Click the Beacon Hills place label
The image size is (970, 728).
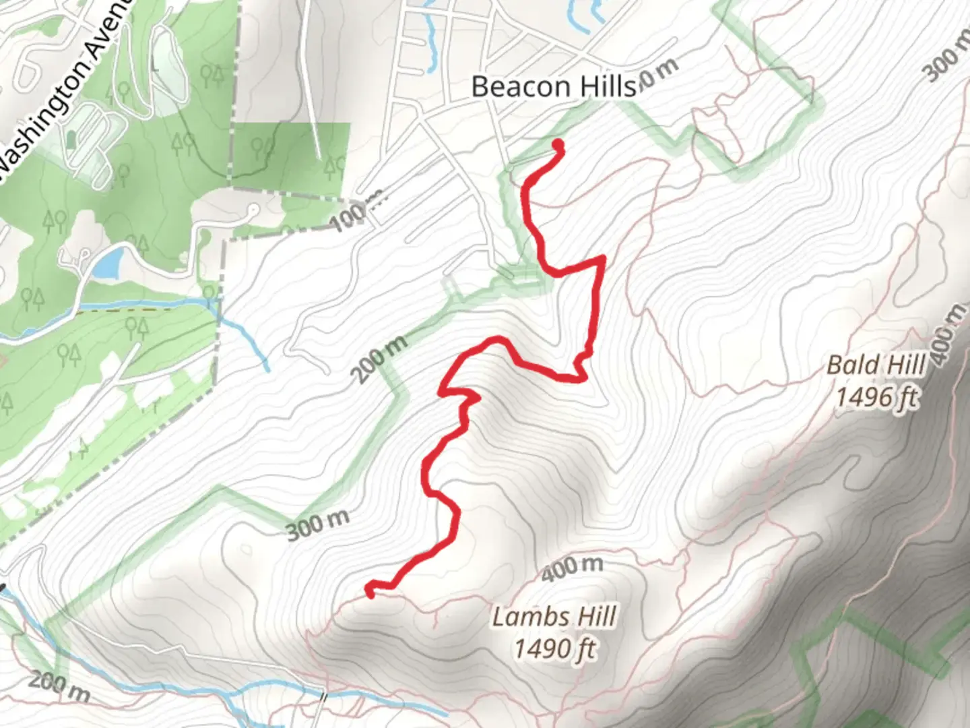[x=553, y=86]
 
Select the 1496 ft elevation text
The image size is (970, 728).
[x=876, y=396]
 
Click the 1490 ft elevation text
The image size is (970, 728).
[x=555, y=648]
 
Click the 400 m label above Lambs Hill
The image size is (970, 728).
[x=572, y=568]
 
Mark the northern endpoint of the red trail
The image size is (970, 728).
[x=558, y=144]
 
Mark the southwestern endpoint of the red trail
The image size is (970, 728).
[x=369, y=592]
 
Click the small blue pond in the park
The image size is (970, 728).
[x=108, y=263]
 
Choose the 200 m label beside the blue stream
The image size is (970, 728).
[x=59, y=686]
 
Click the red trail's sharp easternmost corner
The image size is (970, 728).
[x=602, y=258]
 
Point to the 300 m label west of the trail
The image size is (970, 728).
[x=318, y=525]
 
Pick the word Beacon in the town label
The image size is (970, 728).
[x=513, y=86]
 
